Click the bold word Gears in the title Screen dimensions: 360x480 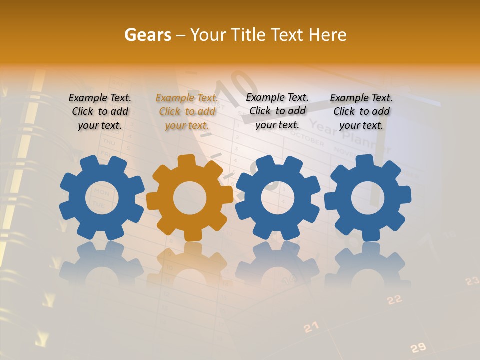pos(147,35)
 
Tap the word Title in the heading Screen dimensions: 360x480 pos(248,35)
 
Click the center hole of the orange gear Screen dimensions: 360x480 pos(190,198)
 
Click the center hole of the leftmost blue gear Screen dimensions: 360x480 pos(102,198)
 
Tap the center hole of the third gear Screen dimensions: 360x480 pos(277,198)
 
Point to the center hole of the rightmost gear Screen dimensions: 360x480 pos(368,198)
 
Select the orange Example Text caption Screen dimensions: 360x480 pos(187,111)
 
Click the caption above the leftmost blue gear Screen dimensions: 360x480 pos(100,111)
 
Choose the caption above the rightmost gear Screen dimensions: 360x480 pos(361,111)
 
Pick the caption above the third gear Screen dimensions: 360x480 pos(277,111)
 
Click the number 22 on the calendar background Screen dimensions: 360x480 pos(395,299)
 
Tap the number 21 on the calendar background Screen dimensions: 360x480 pos(311,327)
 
